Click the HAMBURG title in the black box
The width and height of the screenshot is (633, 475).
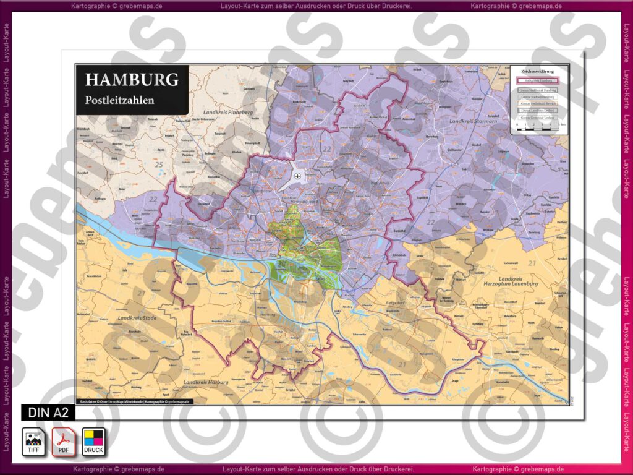click(132, 80)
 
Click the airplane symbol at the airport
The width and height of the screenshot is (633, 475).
click(298, 177)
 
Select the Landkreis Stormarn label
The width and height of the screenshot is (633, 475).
click(474, 122)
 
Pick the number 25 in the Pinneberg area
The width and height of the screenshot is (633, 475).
click(159, 165)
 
